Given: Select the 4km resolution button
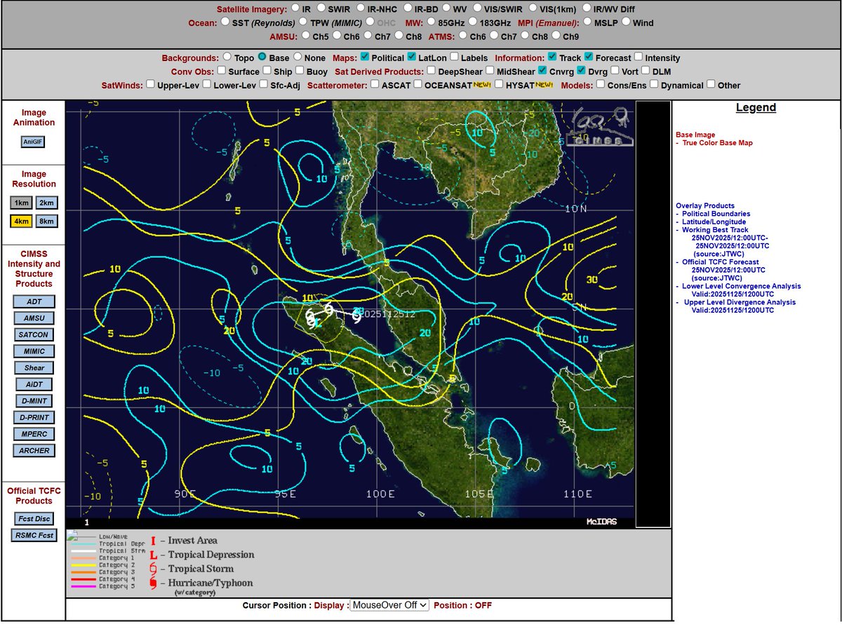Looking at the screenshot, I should pyautogui.click(x=22, y=221).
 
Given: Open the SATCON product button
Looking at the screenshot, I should pyautogui.click(x=34, y=334).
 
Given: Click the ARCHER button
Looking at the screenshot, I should pyautogui.click(x=34, y=450).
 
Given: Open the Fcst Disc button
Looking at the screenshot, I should pyautogui.click(x=34, y=518).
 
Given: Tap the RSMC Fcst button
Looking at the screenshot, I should pyautogui.click(x=34, y=535).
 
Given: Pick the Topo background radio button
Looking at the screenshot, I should pyautogui.click(x=227, y=57).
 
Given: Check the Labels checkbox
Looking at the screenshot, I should pyautogui.click(x=455, y=57).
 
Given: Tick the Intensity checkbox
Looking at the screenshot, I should pyautogui.click(x=639, y=57).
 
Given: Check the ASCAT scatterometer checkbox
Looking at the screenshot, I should pyautogui.click(x=375, y=85).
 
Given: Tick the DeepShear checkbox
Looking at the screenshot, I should pyautogui.click(x=432, y=71).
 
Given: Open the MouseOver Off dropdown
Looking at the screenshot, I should pyautogui.click(x=389, y=605).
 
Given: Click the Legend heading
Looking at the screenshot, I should pyautogui.click(x=756, y=107).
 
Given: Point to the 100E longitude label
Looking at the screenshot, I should pyautogui.click(x=381, y=494).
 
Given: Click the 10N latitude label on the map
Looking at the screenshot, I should pyautogui.click(x=576, y=209).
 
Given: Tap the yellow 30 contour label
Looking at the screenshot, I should pyautogui.click(x=592, y=280).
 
